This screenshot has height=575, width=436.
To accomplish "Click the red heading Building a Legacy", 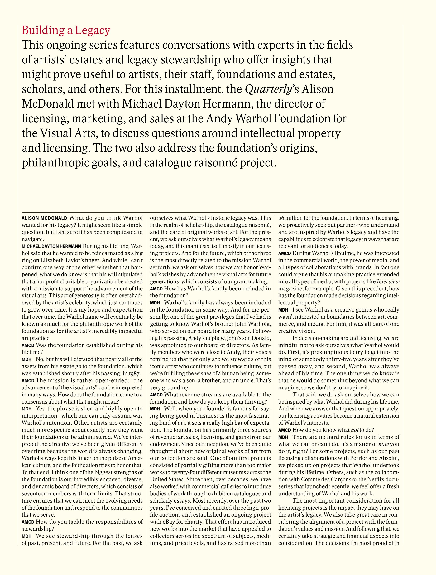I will pyautogui.click(x=66, y=30).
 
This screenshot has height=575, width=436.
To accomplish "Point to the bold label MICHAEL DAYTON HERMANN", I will pyautogui.click(x=51, y=246).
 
